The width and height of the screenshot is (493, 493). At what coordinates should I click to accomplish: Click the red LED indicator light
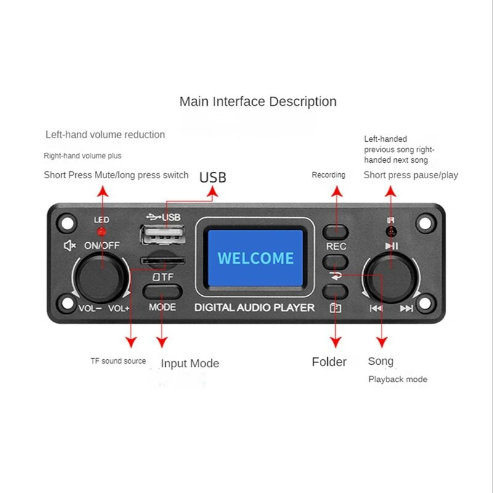coord(102,232)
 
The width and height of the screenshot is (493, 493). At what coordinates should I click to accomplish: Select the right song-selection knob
coord(389,278)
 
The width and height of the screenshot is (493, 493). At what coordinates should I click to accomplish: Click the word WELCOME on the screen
coord(256,258)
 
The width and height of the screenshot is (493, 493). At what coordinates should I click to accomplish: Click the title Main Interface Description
coord(258,102)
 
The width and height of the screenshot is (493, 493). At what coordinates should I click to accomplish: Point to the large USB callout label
coord(213,177)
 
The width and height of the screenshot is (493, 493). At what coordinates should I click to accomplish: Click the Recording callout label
coord(328,175)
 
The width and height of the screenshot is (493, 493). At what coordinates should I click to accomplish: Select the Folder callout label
coord(329,362)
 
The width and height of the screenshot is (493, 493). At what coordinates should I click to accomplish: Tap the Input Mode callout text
coord(190,364)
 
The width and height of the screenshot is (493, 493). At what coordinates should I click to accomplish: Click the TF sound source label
coord(118,361)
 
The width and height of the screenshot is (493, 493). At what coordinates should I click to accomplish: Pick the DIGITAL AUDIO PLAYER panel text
coord(255,308)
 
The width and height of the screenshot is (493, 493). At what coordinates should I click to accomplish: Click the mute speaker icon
coord(70,245)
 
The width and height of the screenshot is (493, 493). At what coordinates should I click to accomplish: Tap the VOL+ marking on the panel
coord(119,308)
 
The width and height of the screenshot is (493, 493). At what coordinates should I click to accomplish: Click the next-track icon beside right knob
coord(406,309)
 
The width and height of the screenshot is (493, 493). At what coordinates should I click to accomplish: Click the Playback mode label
coord(397,379)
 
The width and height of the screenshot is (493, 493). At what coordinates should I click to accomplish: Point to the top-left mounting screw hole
coord(66,221)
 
